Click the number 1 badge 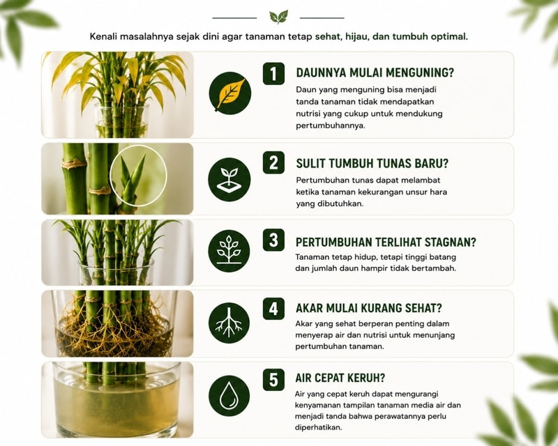pos(273,74)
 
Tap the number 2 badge pos(273,162)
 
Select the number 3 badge pos(273,240)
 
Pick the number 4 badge pos(273,309)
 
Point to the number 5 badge pos(273,380)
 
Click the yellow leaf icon pos(230,93)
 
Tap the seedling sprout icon pos(229,180)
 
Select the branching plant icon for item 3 pos(229,251)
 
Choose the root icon pos(229,322)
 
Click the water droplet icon pos(229,396)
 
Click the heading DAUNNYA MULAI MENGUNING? pos(375,73)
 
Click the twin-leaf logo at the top pos(278,17)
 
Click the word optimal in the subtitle pos(449,37)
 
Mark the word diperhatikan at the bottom pos(318,427)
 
